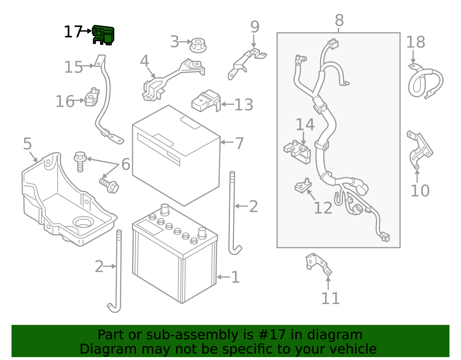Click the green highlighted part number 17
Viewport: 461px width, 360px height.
[x=103, y=35]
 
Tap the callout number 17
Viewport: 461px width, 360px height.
[x=73, y=32]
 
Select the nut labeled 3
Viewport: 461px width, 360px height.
[x=198, y=45]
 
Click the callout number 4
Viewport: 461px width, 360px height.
[x=144, y=61]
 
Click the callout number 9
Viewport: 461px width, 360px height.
[x=255, y=27]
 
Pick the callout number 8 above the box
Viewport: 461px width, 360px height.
[x=339, y=20]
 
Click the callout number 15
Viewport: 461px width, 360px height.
[x=73, y=67]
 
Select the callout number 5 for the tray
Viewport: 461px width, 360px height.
[x=27, y=144]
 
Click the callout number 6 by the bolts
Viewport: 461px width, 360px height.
[x=126, y=164]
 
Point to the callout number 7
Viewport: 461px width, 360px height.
[x=239, y=143]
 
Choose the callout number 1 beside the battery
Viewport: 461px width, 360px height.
[x=235, y=277]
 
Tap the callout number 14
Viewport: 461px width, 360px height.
[x=305, y=125]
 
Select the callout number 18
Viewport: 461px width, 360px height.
[x=415, y=42]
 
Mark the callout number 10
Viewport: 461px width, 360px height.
[x=420, y=191]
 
